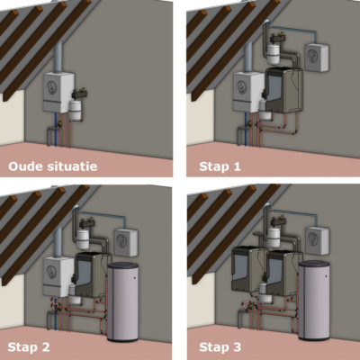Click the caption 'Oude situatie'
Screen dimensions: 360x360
coord(53,166)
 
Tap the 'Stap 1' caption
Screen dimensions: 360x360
coord(220,166)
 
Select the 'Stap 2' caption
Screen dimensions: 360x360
coord(29,347)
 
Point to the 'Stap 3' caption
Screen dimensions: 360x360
coord(220,347)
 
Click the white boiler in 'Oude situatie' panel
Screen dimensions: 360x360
coord(58,93)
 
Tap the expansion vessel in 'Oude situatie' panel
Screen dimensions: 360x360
coord(75,111)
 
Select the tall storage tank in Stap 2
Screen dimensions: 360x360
coord(122,301)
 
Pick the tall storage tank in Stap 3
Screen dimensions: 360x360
coord(314,300)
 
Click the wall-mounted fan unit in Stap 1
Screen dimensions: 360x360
coord(317,58)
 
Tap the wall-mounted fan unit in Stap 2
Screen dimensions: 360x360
coord(125,242)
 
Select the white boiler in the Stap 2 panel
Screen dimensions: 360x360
coord(58,276)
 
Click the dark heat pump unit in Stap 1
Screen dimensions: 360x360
coord(283,90)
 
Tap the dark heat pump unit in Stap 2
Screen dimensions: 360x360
coord(93,274)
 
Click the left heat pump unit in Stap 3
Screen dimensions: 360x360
coord(247,269)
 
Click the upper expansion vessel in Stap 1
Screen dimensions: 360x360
coord(274,54)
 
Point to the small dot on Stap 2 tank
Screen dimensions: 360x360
coord(134,279)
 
